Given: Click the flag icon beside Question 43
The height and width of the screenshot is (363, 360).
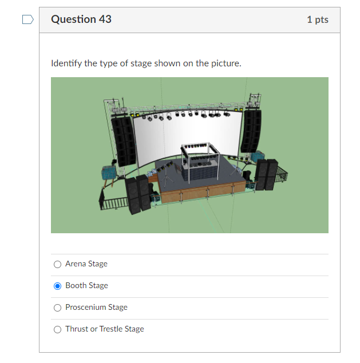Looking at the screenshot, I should click(x=27, y=20).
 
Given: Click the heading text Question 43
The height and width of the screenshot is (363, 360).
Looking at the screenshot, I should click(x=81, y=19).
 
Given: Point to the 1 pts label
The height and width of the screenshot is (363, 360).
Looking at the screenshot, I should click(x=317, y=19).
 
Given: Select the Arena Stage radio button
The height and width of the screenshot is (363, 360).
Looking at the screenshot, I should click(x=57, y=264).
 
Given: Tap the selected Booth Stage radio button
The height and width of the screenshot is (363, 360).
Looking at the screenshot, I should click(x=57, y=286).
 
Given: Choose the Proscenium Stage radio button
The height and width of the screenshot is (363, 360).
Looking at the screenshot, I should click(x=57, y=308).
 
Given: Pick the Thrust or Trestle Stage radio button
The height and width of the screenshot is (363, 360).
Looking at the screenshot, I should click(x=57, y=329).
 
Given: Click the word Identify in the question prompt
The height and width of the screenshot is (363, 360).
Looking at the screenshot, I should click(x=66, y=63).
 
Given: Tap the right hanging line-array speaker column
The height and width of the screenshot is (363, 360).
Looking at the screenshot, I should click(x=252, y=131).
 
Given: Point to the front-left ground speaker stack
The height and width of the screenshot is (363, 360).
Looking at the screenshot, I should click(x=137, y=194).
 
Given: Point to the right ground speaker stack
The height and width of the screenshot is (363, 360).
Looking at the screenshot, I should click(x=266, y=174).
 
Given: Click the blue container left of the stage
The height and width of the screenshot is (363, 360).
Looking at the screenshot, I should click(x=109, y=172).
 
